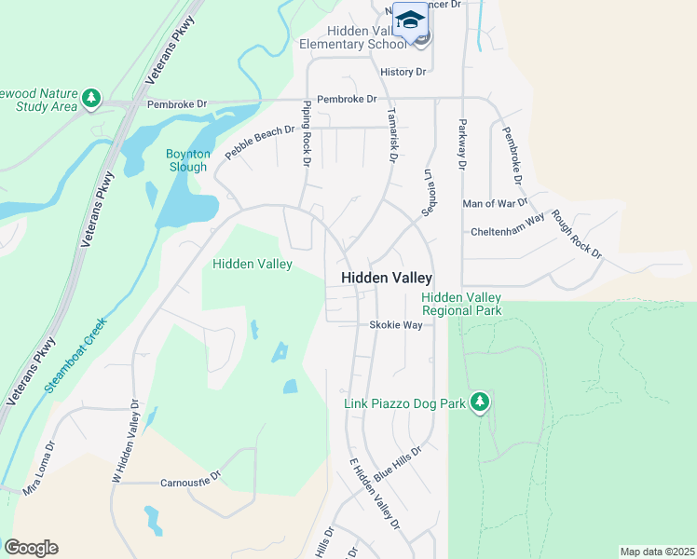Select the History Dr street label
403,72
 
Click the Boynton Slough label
188,160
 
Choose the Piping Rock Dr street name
305,135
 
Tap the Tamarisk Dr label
391,132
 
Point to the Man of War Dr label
495,202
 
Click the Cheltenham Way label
507,219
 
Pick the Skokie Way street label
396,325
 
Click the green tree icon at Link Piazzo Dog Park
480,402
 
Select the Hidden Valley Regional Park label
461,304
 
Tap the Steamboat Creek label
77,354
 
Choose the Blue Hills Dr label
398,463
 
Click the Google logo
31,548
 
